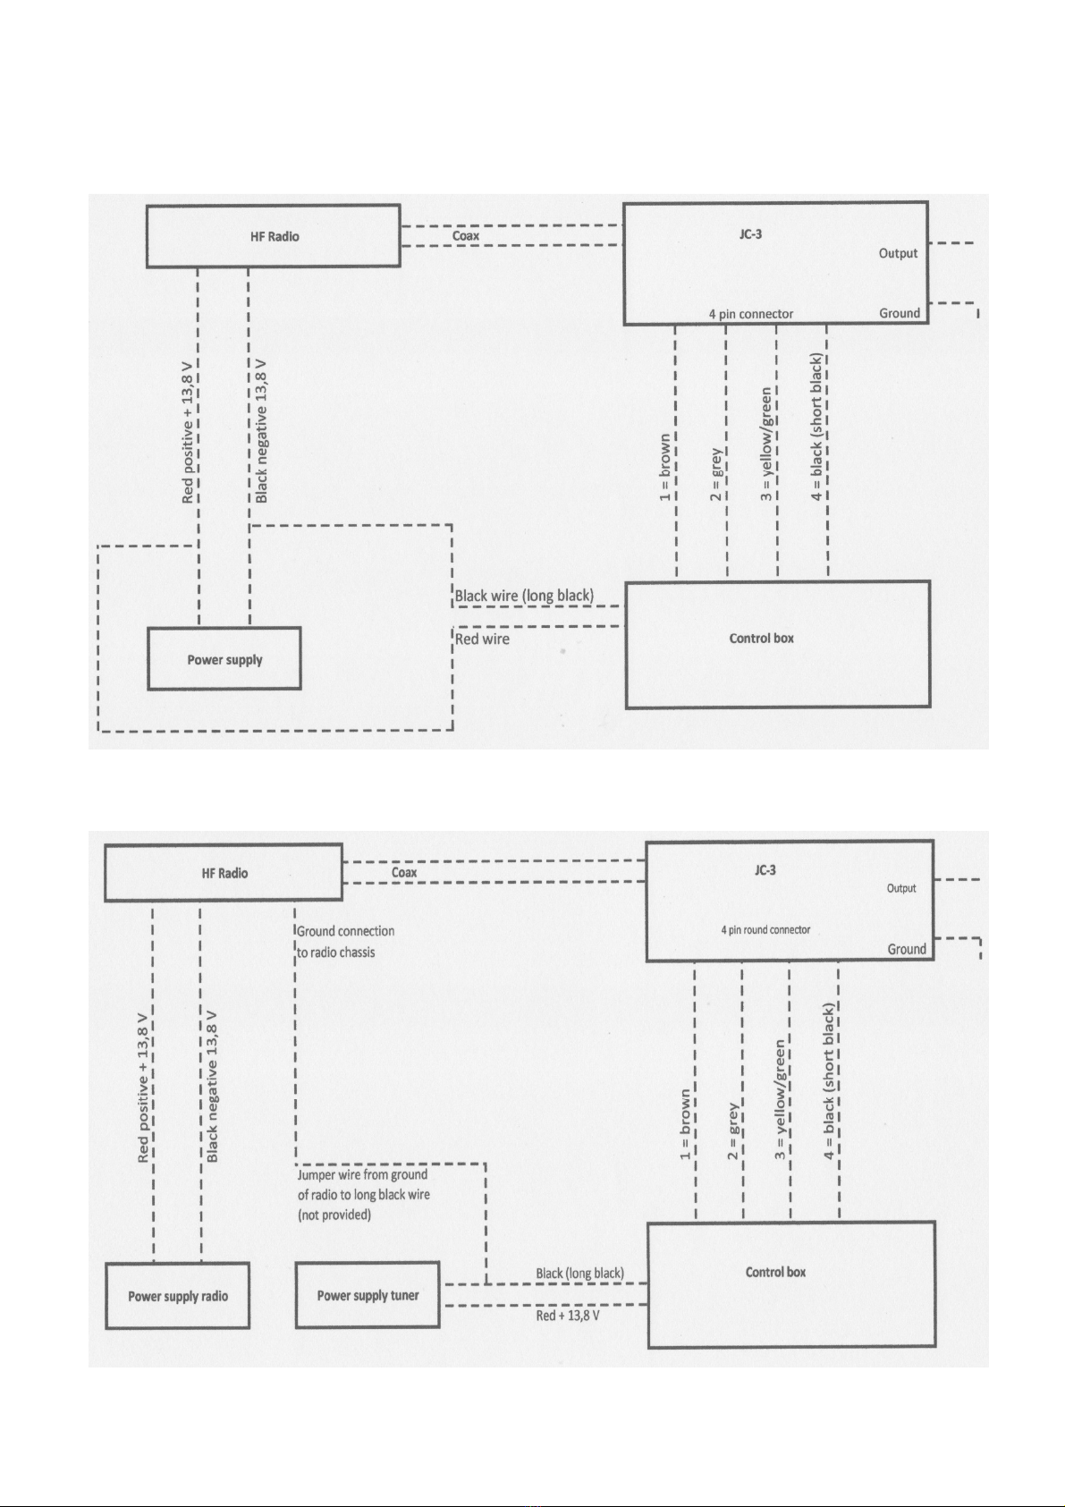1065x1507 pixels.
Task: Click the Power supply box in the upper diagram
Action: point(224,659)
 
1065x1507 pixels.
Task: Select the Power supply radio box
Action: point(178,1296)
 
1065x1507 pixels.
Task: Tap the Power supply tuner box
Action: point(368,1295)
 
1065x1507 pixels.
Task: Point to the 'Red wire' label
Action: point(482,639)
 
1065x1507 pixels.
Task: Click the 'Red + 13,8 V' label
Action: point(568,1316)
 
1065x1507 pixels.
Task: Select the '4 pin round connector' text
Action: point(765,929)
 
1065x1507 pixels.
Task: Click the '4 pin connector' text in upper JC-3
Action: point(751,314)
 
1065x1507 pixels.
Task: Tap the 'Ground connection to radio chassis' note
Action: point(345,942)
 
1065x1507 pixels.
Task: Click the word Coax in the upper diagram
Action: point(466,236)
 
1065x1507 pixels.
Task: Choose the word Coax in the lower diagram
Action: point(404,872)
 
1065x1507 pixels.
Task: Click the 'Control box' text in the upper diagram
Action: point(762,638)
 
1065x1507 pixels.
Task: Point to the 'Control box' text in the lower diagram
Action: point(775,1272)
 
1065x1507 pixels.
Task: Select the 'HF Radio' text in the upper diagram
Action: point(275,236)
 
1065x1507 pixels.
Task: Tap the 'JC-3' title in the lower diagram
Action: point(765,870)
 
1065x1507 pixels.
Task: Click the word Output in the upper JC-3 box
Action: point(898,253)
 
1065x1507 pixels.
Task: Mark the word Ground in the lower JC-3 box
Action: point(907,949)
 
